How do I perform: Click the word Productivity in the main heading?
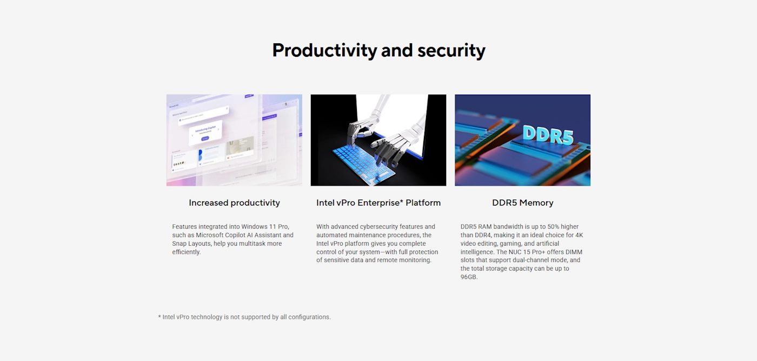tap(325, 50)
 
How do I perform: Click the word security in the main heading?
tap(451, 50)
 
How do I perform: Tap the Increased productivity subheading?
tap(234, 202)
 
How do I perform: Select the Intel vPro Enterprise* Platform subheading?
tap(378, 202)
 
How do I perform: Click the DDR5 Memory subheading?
tap(522, 202)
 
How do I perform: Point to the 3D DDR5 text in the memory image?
tap(548, 135)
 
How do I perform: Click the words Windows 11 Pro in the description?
tap(265, 226)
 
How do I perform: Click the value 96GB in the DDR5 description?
tap(468, 277)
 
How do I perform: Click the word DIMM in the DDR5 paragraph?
tap(574, 252)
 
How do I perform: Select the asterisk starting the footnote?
tap(160, 317)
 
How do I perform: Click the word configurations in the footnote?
tap(309, 317)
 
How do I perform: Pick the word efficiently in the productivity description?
tap(186, 252)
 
